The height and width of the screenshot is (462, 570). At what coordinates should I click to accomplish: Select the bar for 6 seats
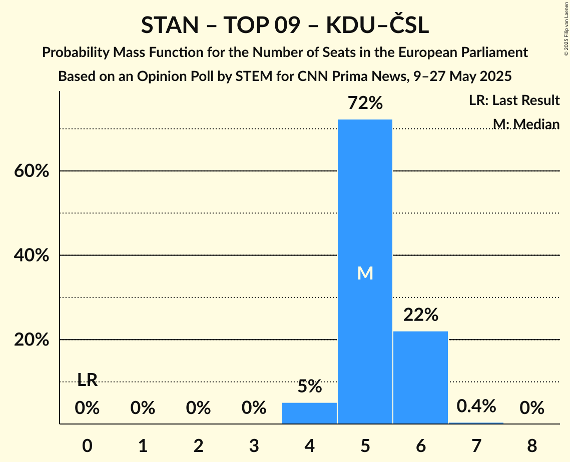click(420, 377)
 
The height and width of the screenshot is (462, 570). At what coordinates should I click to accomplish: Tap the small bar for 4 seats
click(309, 413)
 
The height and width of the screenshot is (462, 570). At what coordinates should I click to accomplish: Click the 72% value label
click(365, 103)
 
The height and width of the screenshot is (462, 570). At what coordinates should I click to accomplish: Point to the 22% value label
click(420, 315)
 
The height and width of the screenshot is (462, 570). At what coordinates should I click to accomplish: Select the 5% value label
click(309, 386)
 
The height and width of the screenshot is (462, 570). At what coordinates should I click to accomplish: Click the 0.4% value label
click(476, 405)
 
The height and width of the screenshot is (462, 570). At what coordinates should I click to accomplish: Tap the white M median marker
click(365, 273)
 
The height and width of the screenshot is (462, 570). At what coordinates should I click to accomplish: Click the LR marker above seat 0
click(87, 380)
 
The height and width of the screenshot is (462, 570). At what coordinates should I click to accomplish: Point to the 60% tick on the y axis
click(31, 171)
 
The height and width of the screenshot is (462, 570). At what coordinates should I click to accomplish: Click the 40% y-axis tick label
click(31, 255)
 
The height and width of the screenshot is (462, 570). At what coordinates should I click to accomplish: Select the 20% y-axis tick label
click(31, 340)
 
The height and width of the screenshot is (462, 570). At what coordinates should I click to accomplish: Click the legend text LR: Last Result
click(514, 100)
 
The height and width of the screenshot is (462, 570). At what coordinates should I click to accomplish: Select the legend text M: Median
click(526, 123)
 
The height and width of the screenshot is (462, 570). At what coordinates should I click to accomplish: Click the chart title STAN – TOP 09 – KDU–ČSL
click(285, 25)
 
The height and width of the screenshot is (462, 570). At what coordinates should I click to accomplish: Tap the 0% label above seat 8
click(531, 408)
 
